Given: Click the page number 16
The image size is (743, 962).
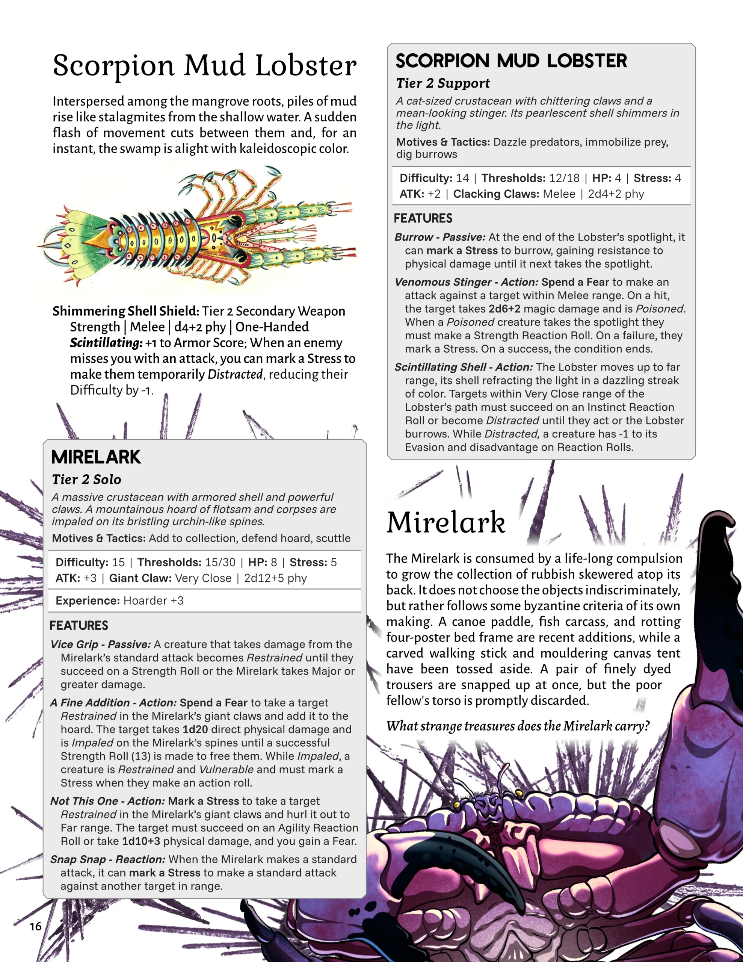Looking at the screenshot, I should (36, 926).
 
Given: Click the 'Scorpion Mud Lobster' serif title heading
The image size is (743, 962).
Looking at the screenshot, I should (204, 65).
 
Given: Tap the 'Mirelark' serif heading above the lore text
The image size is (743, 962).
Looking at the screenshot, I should (446, 522).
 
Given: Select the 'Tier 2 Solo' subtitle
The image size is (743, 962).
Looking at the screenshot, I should (86, 479).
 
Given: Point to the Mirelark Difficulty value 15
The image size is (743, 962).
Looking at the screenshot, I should (118, 562).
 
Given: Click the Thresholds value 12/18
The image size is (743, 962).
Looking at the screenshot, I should (564, 178).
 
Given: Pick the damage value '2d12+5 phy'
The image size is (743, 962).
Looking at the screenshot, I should (275, 578).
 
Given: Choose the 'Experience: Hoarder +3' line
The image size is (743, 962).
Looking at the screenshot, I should (119, 600).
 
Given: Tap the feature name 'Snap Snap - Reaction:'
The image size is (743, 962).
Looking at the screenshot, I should (107, 859).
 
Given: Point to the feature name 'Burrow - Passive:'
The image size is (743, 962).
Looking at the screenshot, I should (439, 237).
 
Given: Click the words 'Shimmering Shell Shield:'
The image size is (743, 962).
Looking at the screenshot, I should (125, 311).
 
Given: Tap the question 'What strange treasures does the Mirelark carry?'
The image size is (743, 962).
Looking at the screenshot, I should (518, 726).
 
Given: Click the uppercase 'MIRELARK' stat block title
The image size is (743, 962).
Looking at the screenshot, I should (96, 457).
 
